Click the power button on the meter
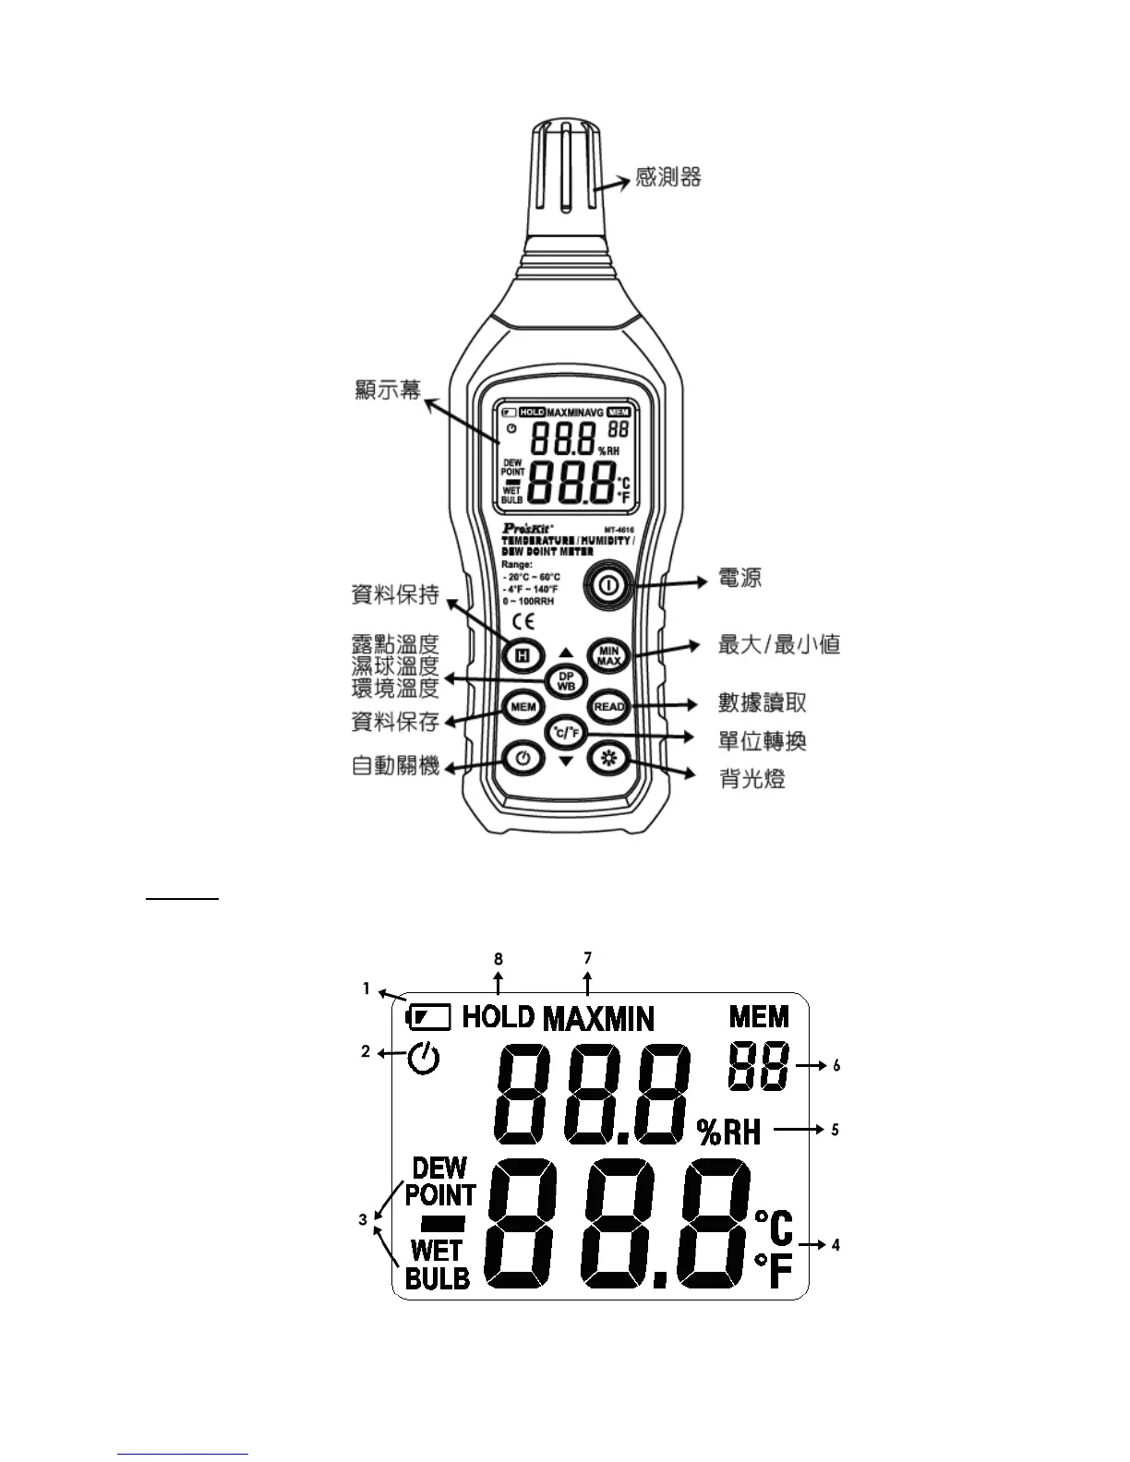pos(607,585)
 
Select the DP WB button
pos(565,681)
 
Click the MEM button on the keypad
pos(523,707)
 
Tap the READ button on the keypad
pos(608,707)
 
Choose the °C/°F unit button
pos(565,734)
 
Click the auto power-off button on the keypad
pos(523,759)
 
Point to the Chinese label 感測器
pos(667,176)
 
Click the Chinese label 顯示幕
pos(388,389)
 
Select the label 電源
pos(739,579)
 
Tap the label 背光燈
pos(751,779)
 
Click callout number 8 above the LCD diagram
pos(499,959)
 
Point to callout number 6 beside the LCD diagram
pos(836,1065)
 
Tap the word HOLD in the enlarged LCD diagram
pos(498,1016)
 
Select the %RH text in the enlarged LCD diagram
pos(729,1132)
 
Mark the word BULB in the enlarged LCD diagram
pos(438,1278)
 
